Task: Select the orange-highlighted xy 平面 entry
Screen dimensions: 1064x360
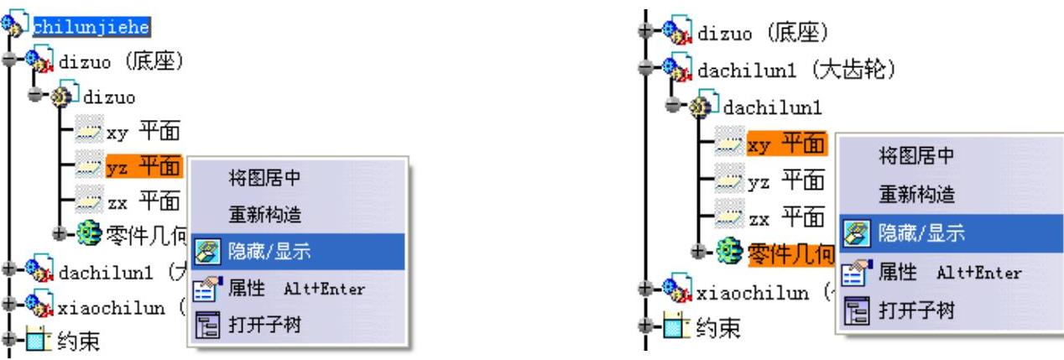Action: click(785, 144)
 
